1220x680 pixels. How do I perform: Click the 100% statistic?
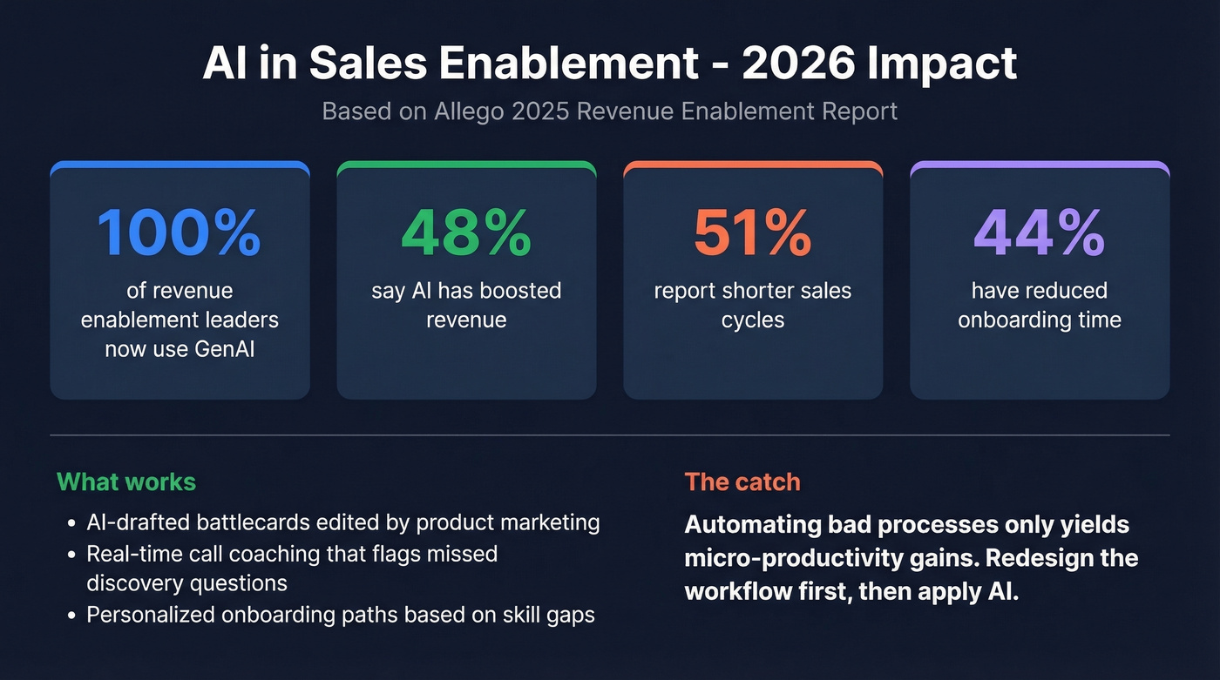179,231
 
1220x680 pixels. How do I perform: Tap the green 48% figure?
466,231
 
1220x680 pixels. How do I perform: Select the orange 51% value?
753,231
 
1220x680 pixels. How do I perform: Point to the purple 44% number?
1040,231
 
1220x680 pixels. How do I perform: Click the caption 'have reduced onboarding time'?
1040,305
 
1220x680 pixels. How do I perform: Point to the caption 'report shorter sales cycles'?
753,305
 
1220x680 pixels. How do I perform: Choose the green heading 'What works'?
126,481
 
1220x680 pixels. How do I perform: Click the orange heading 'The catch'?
742,481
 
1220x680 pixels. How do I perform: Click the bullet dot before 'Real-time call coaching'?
72,554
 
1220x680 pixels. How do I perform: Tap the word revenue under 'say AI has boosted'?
466,320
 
